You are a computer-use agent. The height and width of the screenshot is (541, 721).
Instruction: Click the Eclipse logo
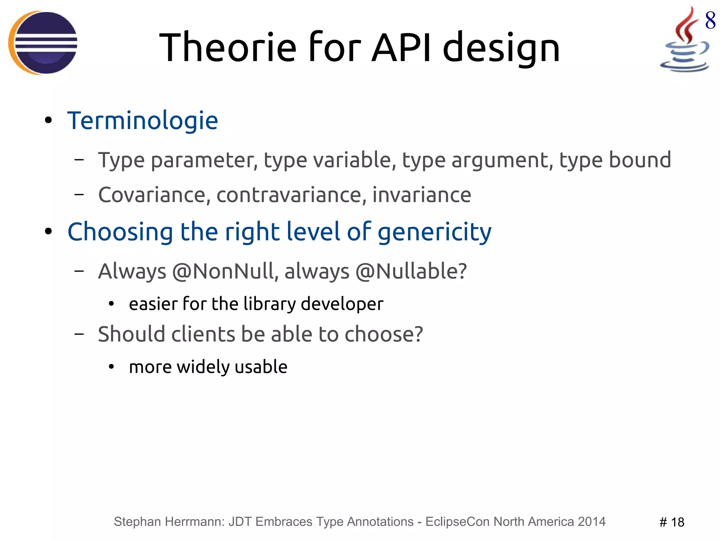[x=43, y=43]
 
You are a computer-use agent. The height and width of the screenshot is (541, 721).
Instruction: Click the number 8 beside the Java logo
[x=710, y=20]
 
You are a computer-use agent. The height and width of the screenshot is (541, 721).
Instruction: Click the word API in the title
[x=401, y=47]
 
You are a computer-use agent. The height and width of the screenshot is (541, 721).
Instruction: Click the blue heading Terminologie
[x=143, y=121]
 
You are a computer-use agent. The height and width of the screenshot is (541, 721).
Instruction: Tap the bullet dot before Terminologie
[x=48, y=121]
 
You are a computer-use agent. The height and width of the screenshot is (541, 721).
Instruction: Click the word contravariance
[x=289, y=195]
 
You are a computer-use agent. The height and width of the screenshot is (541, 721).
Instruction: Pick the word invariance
[x=421, y=195]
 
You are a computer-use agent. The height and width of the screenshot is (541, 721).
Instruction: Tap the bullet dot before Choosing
[x=48, y=232]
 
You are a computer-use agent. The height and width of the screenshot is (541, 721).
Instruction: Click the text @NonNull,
[x=225, y=271]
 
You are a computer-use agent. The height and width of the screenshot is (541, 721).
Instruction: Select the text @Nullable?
[x=411, y=271]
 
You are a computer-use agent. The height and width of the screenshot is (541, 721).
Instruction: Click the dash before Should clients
[x=79, y=334]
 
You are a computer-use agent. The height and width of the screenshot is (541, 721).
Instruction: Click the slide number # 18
[x=671, y=522]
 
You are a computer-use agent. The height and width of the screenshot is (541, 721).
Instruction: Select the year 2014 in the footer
[x=591, y=522]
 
